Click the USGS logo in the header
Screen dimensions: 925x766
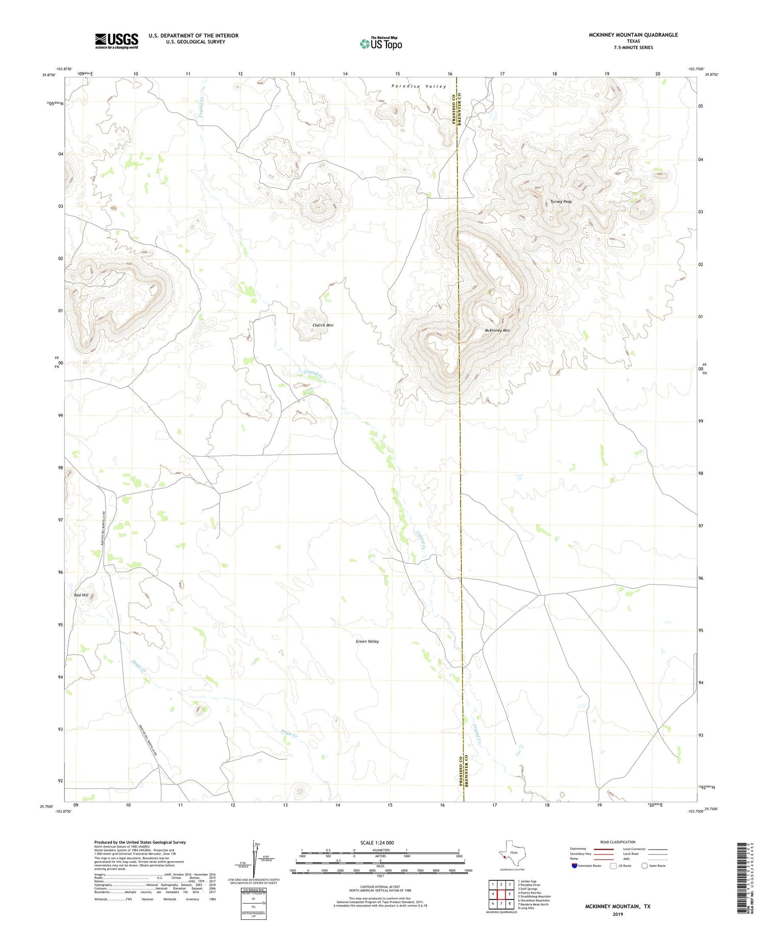click(116, 41)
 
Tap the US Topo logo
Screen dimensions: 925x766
click(380, 43)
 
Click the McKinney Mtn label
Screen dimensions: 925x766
click(497, 331)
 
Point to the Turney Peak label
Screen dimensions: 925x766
click(561, 202)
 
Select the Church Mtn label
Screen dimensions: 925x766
click(323, 325)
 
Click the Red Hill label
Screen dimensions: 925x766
click(81, 595)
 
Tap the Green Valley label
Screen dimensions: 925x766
click(367, 641)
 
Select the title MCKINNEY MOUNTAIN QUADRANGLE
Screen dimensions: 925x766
click(633, 35)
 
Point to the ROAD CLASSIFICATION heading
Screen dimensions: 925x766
click(618, 842)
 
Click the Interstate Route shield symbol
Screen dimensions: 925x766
click(574, 866)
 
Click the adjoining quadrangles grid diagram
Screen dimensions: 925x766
click(500, 894)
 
